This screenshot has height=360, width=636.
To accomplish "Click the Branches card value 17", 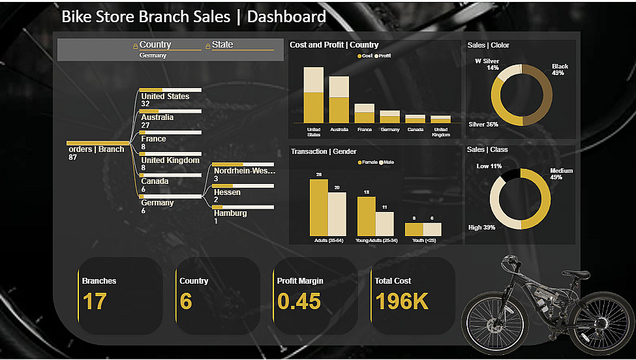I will click(x=95, y=301).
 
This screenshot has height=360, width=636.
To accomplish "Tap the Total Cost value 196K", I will click(x=402, y=301).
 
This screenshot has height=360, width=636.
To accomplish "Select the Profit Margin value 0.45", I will click(x=299, y=301).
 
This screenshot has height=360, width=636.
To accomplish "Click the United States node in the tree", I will click(x=165, y=97).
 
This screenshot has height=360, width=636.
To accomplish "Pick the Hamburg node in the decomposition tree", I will click(x=230, y=213).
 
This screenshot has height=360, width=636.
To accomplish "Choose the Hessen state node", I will click(x=227, y=192).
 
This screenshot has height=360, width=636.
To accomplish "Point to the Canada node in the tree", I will click(x=155, y=181).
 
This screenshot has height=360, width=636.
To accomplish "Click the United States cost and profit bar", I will click(x=314, y=95).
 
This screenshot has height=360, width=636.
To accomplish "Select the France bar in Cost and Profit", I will click(x=365, y=113).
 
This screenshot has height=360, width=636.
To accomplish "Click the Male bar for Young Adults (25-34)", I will click(x=385, y=224).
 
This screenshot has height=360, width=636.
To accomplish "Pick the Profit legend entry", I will click(x=384, y=56).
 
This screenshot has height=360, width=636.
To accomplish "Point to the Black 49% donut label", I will click(x=559, y=70).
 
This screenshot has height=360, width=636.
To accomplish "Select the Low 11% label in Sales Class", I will click(x=489, y=166).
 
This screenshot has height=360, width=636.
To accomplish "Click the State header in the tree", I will click(x=222, y=45).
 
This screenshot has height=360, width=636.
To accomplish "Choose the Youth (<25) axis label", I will click(x=424, y=240).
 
